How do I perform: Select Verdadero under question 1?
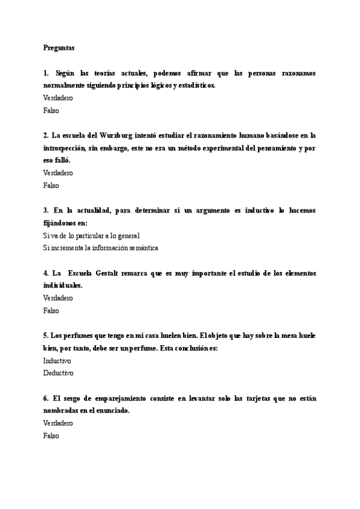coord(58,98)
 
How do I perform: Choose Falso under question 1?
coord(51,110)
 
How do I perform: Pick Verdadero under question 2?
coord(58,173)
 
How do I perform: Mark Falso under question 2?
coord(51,185)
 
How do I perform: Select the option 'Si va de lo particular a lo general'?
coord(91,236)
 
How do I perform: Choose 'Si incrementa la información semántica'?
coord(100,248)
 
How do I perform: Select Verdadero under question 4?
coord(58,298)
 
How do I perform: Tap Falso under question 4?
coord(51,311)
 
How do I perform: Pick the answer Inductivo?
coord(57,361)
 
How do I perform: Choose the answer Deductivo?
coord(58,373)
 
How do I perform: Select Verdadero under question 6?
coord(58,424)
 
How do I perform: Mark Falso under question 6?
coord(51,436)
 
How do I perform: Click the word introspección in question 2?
coord(67,148)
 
